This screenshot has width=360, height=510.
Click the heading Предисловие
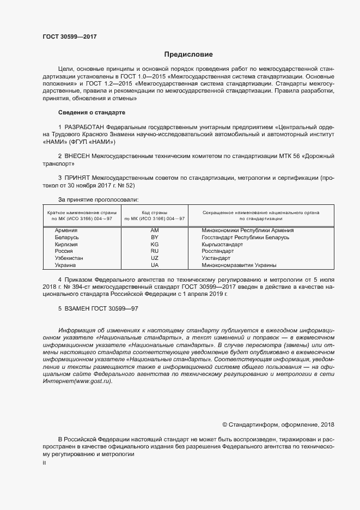[188, 54]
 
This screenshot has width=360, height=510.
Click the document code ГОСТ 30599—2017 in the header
[70, 36]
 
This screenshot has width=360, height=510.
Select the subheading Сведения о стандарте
[91, 112]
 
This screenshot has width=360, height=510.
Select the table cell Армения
[66, 230]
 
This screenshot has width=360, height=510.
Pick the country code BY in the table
[154, 238]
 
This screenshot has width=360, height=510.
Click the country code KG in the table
[154, 245]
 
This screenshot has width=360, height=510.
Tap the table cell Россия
[65, 251]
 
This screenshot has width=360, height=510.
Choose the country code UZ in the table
[154, 258]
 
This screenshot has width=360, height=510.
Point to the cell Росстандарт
[218, 251]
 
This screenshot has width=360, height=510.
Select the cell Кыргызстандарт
[222, 245]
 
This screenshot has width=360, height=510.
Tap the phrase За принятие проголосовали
[99, 199]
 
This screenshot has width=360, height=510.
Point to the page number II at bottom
[44, 462]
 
